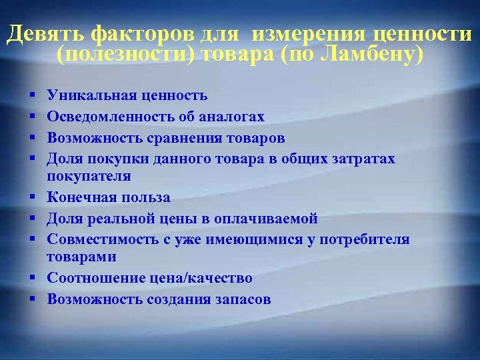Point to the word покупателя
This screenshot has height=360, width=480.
[x=89, y=177]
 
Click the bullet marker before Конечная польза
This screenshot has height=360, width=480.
[x=31, y=198]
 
